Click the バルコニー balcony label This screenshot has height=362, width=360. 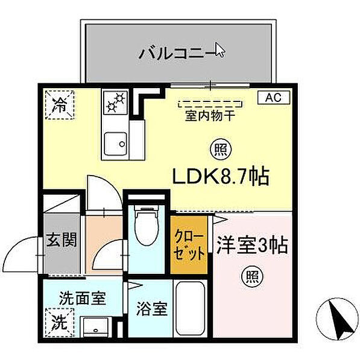coord(175,52)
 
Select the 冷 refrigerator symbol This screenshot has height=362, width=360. coord(59,104)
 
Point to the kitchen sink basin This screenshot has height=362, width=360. coord(115,144)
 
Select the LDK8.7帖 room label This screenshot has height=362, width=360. coord(220,177)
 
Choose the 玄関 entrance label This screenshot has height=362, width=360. coord(62,240)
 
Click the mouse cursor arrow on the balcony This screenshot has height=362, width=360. coord(219,49)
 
